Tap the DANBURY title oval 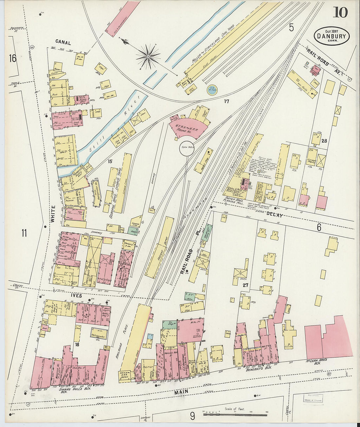[x=332, y=36]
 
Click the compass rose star [x=148, y=57]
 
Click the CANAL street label [x=63, y=42]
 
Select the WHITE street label [x=52, y=214]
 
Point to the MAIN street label [x=181, y=392]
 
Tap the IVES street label [x=76, y=295]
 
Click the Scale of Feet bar [x=235, y=415]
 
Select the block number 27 [x=245, y=285]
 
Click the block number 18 [x=77, y=345]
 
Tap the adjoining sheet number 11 [x=24, y=233]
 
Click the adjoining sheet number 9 [x=192, y=416]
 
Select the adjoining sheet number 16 [x=12, y=59]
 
